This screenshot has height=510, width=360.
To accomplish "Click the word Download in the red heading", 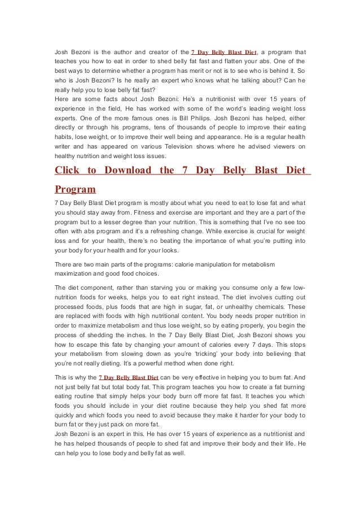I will click(125, 171).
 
